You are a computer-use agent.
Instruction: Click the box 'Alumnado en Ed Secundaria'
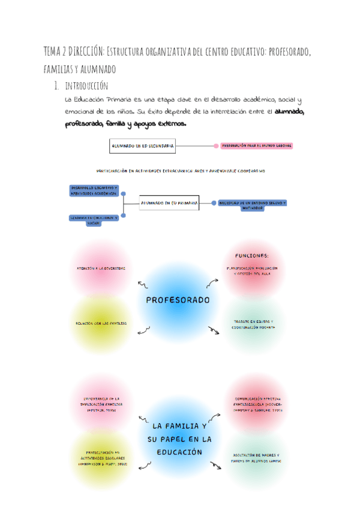(x=142, y=145)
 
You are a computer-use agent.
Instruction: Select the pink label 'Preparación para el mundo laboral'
(x=257, y=146)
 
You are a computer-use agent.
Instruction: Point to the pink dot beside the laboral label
(x=215, y=146)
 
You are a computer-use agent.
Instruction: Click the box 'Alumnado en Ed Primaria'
(x=169, y=203)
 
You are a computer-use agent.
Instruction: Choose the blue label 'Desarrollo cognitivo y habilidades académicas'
(x=94, y=190)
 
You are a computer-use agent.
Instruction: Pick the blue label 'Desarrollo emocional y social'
(x=93, y=220)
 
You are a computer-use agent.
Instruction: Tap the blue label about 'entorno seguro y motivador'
(x=252, y=204)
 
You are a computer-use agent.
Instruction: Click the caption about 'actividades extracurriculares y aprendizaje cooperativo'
(x=181, y=171)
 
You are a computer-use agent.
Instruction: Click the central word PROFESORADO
(x=178, y=300)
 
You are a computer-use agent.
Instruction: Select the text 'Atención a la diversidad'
(x=101, y=268)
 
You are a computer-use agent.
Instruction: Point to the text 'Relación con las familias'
(x=101, y=324)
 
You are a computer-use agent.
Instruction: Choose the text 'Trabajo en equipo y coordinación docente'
(x=253, y=325)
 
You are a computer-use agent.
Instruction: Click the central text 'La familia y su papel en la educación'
(x=179, y=439)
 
